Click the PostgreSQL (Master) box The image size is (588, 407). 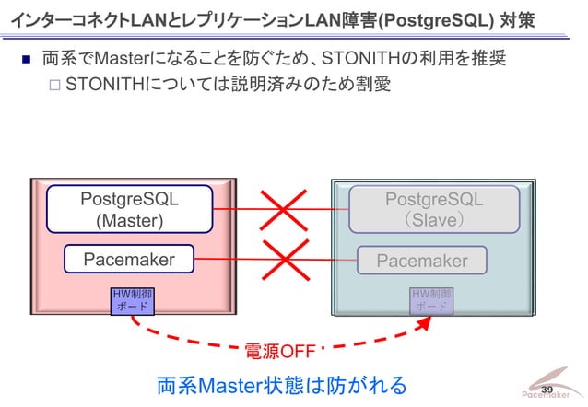129,209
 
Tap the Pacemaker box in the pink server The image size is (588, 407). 129,260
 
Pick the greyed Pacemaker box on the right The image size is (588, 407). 422,262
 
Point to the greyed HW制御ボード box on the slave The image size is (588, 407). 430,299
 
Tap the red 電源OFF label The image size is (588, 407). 279,352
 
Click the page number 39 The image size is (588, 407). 547,390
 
